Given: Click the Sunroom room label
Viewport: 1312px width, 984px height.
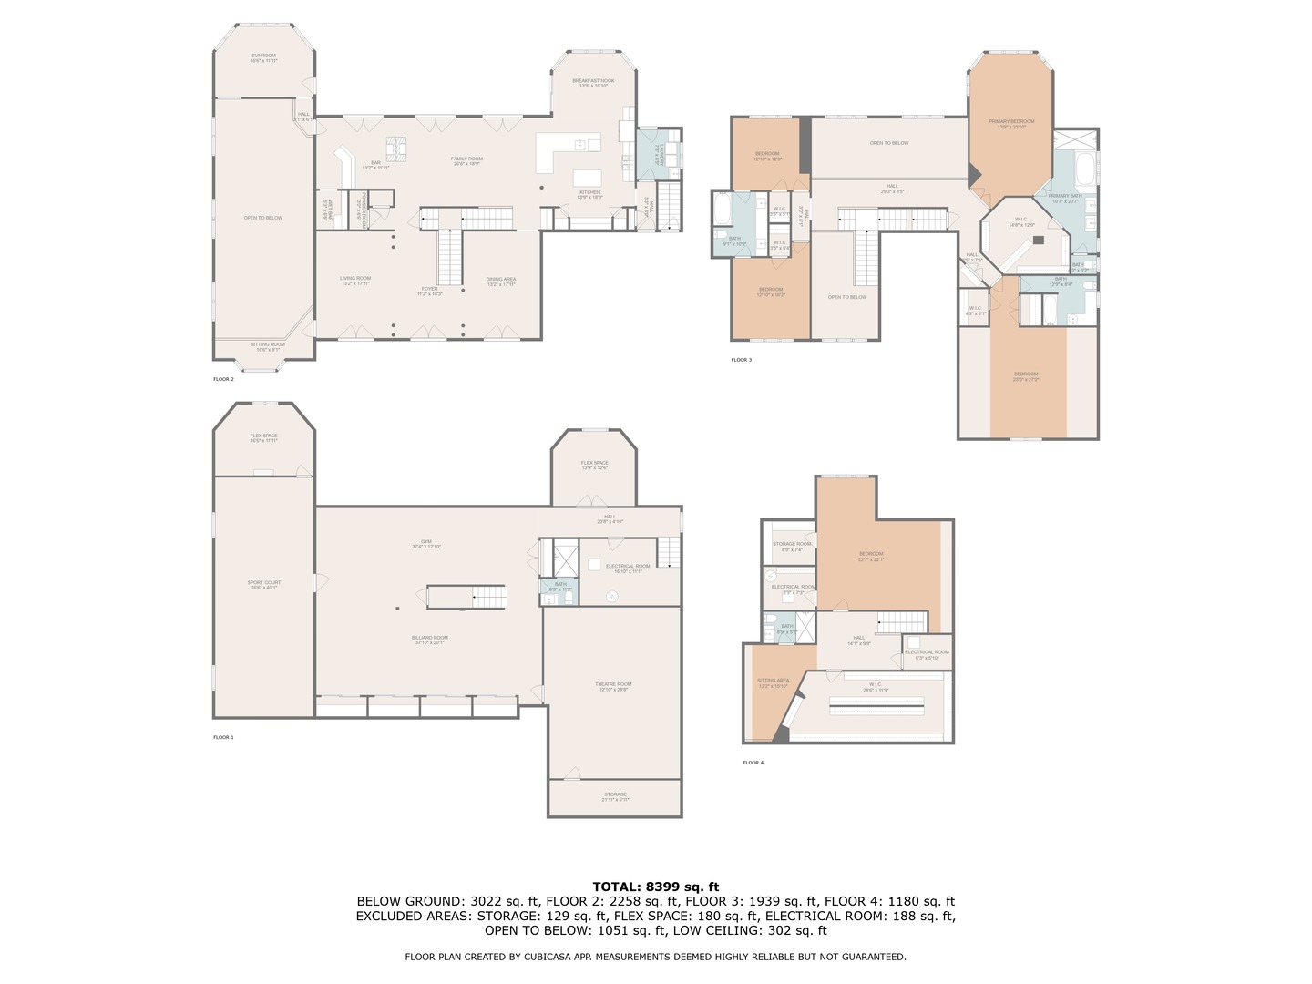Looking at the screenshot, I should click(263, 57).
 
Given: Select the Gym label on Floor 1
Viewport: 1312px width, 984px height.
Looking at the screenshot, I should click(426, 543).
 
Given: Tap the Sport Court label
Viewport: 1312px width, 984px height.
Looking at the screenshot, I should click(264, 584).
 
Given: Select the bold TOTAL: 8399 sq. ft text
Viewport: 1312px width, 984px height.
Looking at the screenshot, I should click(655, 887).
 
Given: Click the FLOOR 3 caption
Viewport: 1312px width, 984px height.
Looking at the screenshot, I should click(741, 360).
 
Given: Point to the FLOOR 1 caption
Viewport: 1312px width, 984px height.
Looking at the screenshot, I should click(223, 737).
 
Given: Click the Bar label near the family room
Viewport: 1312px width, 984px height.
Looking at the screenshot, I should click(375, 164).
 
